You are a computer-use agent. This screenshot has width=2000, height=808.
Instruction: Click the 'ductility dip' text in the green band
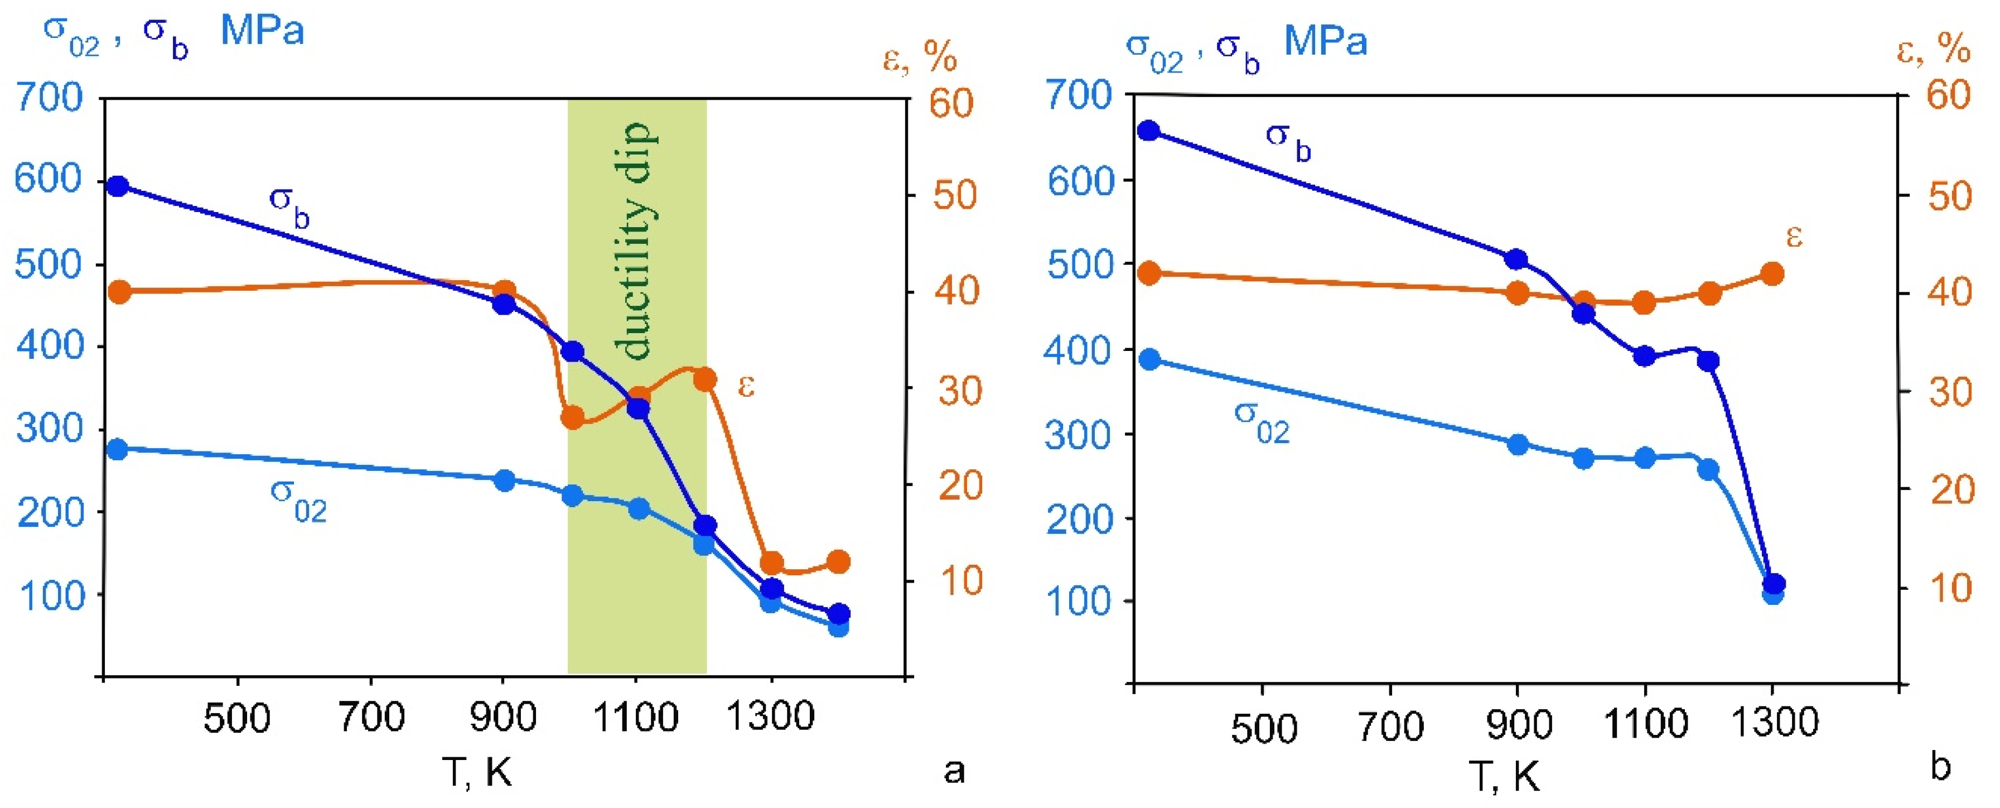[637, 241]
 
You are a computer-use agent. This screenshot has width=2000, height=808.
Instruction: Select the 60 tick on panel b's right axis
[1949, 95]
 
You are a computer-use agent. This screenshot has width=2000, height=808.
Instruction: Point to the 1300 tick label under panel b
[1775, 723]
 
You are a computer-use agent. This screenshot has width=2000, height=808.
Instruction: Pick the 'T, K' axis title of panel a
[477, 772]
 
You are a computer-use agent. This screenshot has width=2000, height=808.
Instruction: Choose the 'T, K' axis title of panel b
[1505, 776]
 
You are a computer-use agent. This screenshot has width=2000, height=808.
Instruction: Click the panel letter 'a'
[953, 772]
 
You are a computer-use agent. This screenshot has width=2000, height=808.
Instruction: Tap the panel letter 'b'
[1939, 768]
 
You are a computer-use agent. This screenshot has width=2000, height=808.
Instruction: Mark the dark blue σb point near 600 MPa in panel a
[118, 186]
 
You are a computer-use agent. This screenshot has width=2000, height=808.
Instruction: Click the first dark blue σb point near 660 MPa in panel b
[1148, 131]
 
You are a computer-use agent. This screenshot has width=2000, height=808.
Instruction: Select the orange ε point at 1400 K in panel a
[838, 562]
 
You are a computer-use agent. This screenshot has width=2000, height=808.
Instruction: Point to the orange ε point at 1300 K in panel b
[1772, 273]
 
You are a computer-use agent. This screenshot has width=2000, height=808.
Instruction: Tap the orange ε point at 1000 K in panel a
[573, 417]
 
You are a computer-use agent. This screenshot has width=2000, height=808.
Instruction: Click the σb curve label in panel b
[1288, 141]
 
